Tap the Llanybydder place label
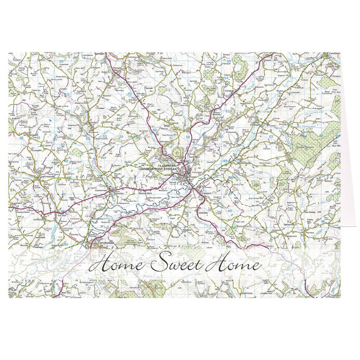pos(105,242)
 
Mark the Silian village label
pos(167,125)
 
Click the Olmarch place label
pos(267,60)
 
